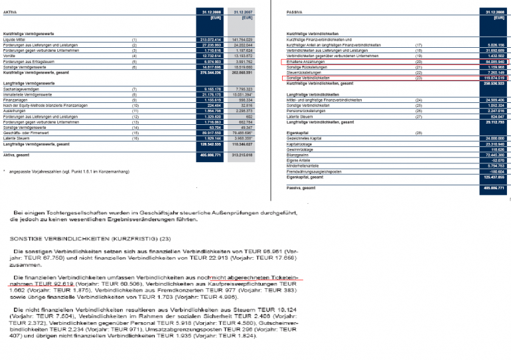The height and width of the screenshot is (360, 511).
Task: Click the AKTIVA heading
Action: coord(10,12)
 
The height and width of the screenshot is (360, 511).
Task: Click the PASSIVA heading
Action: coord(295,12)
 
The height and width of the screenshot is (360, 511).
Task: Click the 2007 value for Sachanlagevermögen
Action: coord(240,88)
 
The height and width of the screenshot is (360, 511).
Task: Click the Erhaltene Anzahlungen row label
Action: coord(307,61)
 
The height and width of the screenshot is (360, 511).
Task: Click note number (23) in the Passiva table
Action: coord(418,78)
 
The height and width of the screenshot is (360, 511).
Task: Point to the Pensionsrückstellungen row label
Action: coord(309,110)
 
